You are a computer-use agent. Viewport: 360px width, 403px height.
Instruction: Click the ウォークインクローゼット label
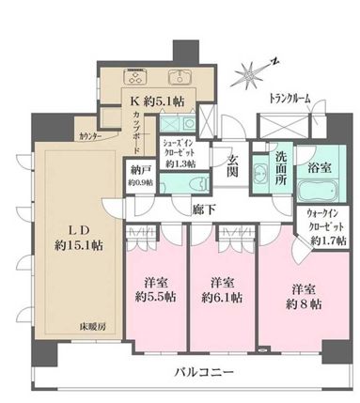click(322, 228)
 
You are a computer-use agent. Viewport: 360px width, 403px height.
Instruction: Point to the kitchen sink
click(178, 76)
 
